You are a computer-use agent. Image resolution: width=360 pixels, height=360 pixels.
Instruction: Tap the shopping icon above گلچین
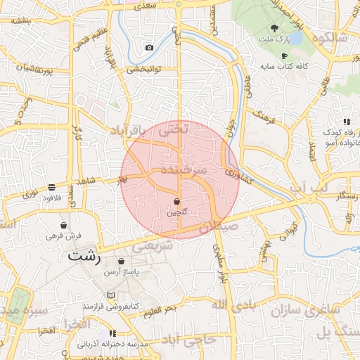[175, 202]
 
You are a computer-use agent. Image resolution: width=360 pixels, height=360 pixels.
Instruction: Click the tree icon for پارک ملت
[274, 29]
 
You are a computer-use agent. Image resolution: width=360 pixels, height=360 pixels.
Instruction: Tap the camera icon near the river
[149, 48]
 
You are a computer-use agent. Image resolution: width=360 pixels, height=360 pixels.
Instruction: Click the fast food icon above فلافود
[52, 188]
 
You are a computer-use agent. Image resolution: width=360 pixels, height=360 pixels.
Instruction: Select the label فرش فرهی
[64, 236]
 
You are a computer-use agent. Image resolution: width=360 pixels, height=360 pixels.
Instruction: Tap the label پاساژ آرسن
[121, 271]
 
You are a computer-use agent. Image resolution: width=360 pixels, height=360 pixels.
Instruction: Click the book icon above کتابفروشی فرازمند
[110, 296]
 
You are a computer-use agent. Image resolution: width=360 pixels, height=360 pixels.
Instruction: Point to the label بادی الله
[230, 303]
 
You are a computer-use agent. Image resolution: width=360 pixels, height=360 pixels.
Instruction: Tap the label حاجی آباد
[204, 340]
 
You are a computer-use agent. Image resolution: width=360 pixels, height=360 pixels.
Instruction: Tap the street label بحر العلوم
[157, 310]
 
